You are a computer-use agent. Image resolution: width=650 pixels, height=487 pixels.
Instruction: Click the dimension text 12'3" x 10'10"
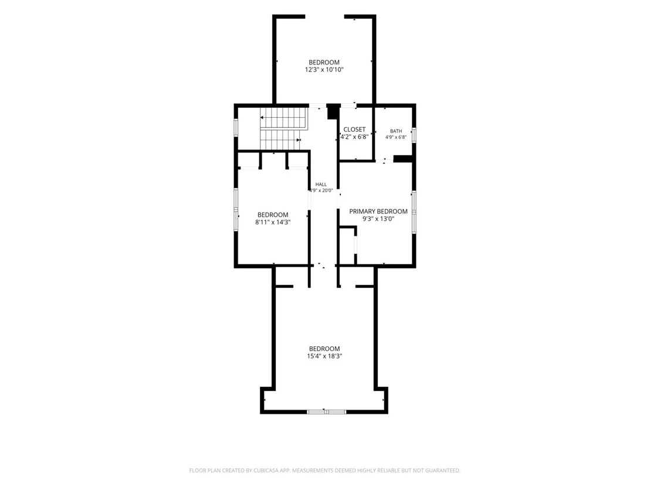(324, 70)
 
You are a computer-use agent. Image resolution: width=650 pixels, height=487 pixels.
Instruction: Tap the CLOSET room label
(354, 130)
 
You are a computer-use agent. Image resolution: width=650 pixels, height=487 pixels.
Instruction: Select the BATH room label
(396, 131)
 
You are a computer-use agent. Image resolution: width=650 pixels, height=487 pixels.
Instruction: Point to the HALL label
(321, 184)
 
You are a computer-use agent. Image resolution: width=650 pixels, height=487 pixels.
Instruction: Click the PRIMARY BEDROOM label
(378, 211)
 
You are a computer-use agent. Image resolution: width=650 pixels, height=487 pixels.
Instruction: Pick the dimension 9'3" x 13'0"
(378, 219)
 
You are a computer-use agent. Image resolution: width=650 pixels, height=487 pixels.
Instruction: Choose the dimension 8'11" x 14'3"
(273, 222)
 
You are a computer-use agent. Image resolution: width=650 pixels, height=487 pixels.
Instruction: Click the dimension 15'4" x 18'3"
(324, 356)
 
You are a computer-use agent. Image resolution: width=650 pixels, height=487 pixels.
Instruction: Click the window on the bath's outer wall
(414, 135)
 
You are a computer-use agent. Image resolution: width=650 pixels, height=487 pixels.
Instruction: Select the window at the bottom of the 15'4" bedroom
(326, 411)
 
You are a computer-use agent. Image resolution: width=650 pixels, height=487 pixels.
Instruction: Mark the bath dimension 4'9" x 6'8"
(396, 137)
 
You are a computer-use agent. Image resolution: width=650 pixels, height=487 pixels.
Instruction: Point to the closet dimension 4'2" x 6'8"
(354, 137)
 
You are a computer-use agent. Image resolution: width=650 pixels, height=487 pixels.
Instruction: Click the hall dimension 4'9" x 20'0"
(321, 190)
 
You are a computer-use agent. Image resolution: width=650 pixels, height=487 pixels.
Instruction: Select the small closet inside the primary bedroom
(347, 245)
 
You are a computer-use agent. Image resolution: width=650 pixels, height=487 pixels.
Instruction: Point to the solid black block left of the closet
(333, 112)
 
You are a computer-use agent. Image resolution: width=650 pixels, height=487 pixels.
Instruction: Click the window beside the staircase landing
(236, 128)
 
